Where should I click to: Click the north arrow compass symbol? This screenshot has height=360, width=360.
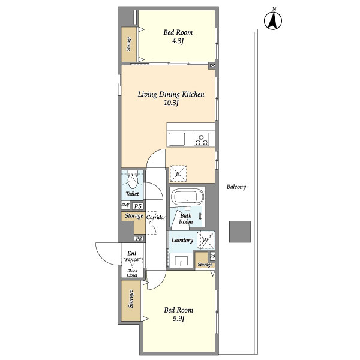click(x=274, y=21)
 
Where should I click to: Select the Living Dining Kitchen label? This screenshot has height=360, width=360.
click(x=172, y=94)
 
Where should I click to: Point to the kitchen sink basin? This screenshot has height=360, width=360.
click(x=177, y=139)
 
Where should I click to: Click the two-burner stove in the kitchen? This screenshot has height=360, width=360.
click(x=202, y=139)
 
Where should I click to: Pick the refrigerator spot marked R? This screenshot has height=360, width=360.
click(x=178, y=173)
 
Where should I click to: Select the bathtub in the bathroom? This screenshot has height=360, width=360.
click(x=187, y=197)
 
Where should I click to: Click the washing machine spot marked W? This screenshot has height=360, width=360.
click(x=205, y=240)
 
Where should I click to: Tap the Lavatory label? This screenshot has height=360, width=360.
click(x=182, y=240)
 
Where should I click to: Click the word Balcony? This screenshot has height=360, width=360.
click(x=236, y=187)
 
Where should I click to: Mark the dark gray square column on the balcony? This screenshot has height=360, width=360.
click(x=239, y=232)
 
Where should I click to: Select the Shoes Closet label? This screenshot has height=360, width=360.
click(x=131, y=274)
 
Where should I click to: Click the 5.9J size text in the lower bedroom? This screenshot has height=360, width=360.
click(x=178, y=319)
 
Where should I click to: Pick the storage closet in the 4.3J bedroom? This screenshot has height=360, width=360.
click(x=129, y=44)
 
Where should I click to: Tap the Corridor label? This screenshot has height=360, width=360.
click(x=155, y=217)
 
